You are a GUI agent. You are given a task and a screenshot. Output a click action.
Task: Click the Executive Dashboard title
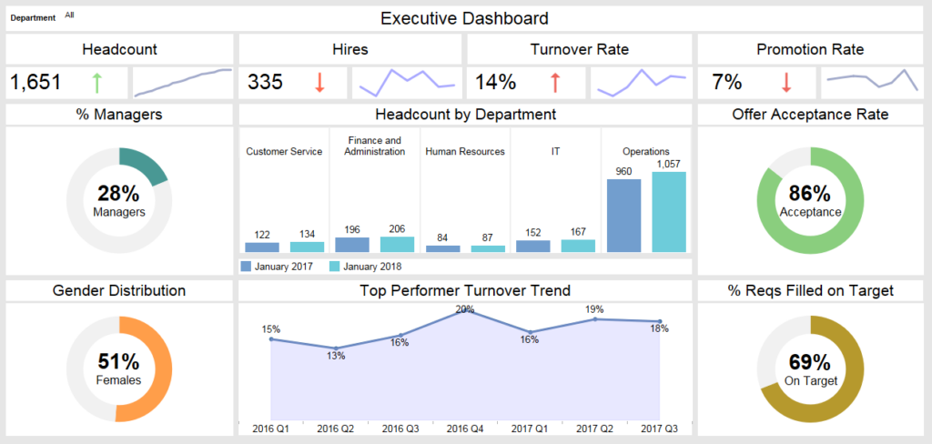[x=464, y=17]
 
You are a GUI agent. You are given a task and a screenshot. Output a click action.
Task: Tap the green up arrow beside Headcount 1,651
[x=96, y=83]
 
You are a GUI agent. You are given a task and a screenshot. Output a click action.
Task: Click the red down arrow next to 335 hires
[x=319, y=83]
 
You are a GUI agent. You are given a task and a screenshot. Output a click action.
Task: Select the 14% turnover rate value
[x=496, y=83]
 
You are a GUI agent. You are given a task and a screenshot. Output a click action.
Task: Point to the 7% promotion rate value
[x=726, y=83]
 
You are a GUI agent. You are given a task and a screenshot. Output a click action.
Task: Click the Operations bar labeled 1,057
[x=669, y=212]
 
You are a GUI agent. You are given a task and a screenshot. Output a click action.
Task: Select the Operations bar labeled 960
[x=623, y=216]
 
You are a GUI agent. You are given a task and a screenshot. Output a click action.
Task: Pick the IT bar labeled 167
[x=578, y=246]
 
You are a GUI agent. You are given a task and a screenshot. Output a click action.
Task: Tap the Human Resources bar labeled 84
[x=443, y=248]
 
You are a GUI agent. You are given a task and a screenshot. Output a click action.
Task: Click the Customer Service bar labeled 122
[x=262, y=247]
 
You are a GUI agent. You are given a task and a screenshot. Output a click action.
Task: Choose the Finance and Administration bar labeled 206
[x=397, y=244]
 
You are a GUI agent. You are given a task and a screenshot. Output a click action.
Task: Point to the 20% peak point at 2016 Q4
[x=466, y=311]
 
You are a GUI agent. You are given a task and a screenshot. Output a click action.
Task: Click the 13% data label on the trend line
[x=336, y=356]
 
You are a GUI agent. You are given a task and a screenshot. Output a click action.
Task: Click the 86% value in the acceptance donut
[x=810, y=194]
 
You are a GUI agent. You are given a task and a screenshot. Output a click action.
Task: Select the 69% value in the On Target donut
[x=810, y=362]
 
